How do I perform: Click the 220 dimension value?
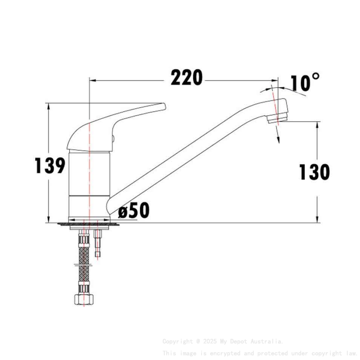coord(187,78)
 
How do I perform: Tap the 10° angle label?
coord(305,83)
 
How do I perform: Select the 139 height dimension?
coord(50,166)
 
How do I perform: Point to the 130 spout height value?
coord(314,172)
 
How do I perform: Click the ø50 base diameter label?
coord(134,210)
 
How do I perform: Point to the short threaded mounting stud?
coord(98,244)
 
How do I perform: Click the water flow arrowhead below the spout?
coord(278,140)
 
